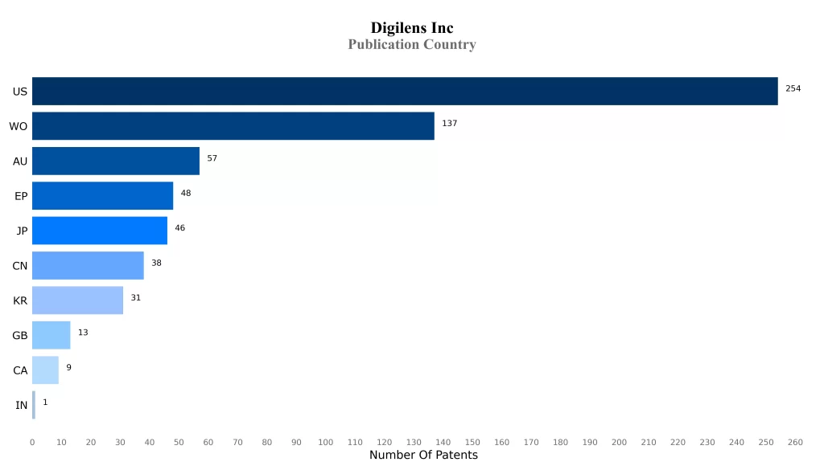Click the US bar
[x=405, y=91]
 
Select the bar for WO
[x=233, y=126]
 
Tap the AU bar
[x=116, y=161]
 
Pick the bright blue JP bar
[x=100, y=231]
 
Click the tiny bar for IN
[x=34, y=405]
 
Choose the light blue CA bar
[x=45, y=370]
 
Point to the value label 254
[x=793, y=88]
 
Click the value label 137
[x=449, y=123]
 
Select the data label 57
[x=212, y=158]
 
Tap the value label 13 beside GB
[x=83, y=333]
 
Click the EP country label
[x=21, y=196]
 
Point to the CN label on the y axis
[x=20, y=266]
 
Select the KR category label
[x=20, y=300]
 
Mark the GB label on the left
[x=20, y=336]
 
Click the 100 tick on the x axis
[x=325, y=443]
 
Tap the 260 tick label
[x=795, y=443]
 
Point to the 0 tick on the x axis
[x=32, y=443]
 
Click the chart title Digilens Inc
[x=412, y=28]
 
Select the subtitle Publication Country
[x=412, y=45]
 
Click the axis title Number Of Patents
[x=423, y=456]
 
